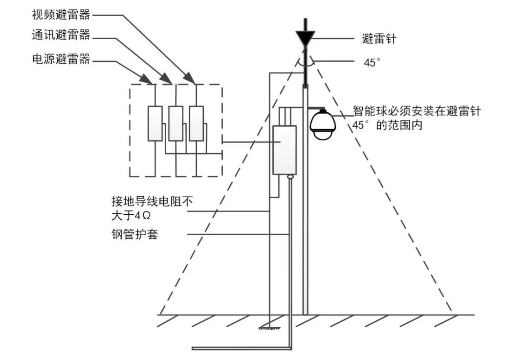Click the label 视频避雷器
pos(61,14)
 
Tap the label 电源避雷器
pos(61,60)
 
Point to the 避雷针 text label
pos(379,39)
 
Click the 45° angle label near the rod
pos(372,63)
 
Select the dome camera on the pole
pos(322,125)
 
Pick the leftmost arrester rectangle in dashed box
pos(155,123)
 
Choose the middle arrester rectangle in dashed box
pos(176,123)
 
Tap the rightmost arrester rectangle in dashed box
pos(196,123)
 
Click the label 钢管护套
pos(134,234)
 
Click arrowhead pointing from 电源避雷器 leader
pos(147,78)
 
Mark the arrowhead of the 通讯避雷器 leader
pos(167,78)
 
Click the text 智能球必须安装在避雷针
pos(417,112)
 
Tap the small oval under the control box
pos(290,177)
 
